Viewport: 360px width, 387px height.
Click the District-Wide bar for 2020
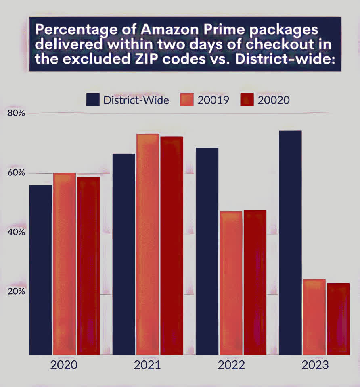[40, 270]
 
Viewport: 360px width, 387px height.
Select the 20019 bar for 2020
[65, 264]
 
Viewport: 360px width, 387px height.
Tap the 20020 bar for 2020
[88, 266]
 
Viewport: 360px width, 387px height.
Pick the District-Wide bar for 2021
[123, 254]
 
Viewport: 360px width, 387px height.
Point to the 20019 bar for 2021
[148, 244]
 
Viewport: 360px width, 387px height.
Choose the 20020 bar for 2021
[172, 246]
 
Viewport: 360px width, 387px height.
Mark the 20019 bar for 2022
[231, 283]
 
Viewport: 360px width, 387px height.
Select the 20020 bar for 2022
[255, 282]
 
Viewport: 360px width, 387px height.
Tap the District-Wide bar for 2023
[290, 242]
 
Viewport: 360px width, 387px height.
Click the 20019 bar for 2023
[314, 317]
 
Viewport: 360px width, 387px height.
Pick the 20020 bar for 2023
[338, 319]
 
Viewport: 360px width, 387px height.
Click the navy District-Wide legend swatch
[93, 100]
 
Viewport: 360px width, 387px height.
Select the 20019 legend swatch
[186, 100]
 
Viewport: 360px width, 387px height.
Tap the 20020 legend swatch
[247, 100]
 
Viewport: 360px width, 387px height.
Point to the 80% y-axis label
[17, 113]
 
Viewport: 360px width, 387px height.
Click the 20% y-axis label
[17, 291]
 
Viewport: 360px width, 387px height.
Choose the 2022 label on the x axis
[231, 366]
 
